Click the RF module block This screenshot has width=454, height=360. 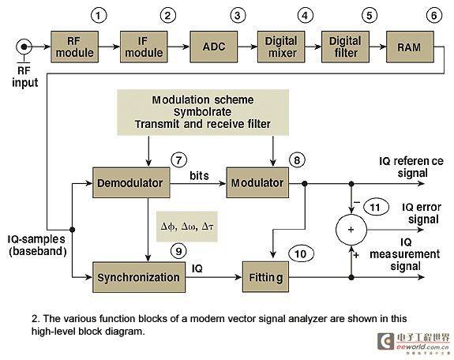pyautogui.click(x=75, y=47)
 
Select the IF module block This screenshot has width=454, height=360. pyautogui.click(x=144, y=47)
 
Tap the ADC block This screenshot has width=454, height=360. pyautogui.click(x=214, y=47)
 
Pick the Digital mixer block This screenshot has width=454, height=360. pyautogui.click(x=281, y=47)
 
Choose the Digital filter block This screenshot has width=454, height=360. pyautogui.click(x=345, y=47)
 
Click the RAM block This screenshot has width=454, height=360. pyautogui.click(x=410, y=47)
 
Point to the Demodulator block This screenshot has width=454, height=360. pyautogui.click(x=131, y=182)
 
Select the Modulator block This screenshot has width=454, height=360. pyautogui.click(x=257, y=182)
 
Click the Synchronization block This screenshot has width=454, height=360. pyautogui.click(x=139, y=277)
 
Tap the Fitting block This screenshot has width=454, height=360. pyautogui.click(x=265, y=277)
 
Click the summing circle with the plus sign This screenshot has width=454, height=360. pyautogui.click(x=351, y=230)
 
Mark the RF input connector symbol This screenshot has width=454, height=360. pyautogui.click(x=24, y=47)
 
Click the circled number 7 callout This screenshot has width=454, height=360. pyautogui.click(x=179, y=160)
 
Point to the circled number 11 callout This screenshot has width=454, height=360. pyautogui.click(x=375, y=207)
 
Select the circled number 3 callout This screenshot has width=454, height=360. pyautogui.click(x=238, y=15)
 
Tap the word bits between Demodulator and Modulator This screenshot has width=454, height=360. pyautogui.click(x=199, y=175)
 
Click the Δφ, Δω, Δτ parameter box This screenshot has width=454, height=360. pyautogui.click(x=187, y=227)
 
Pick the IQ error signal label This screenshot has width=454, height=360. pyautogui.click(x=422, y=213)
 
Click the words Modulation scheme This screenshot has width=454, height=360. pyautogui.click(x=203, y=100)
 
